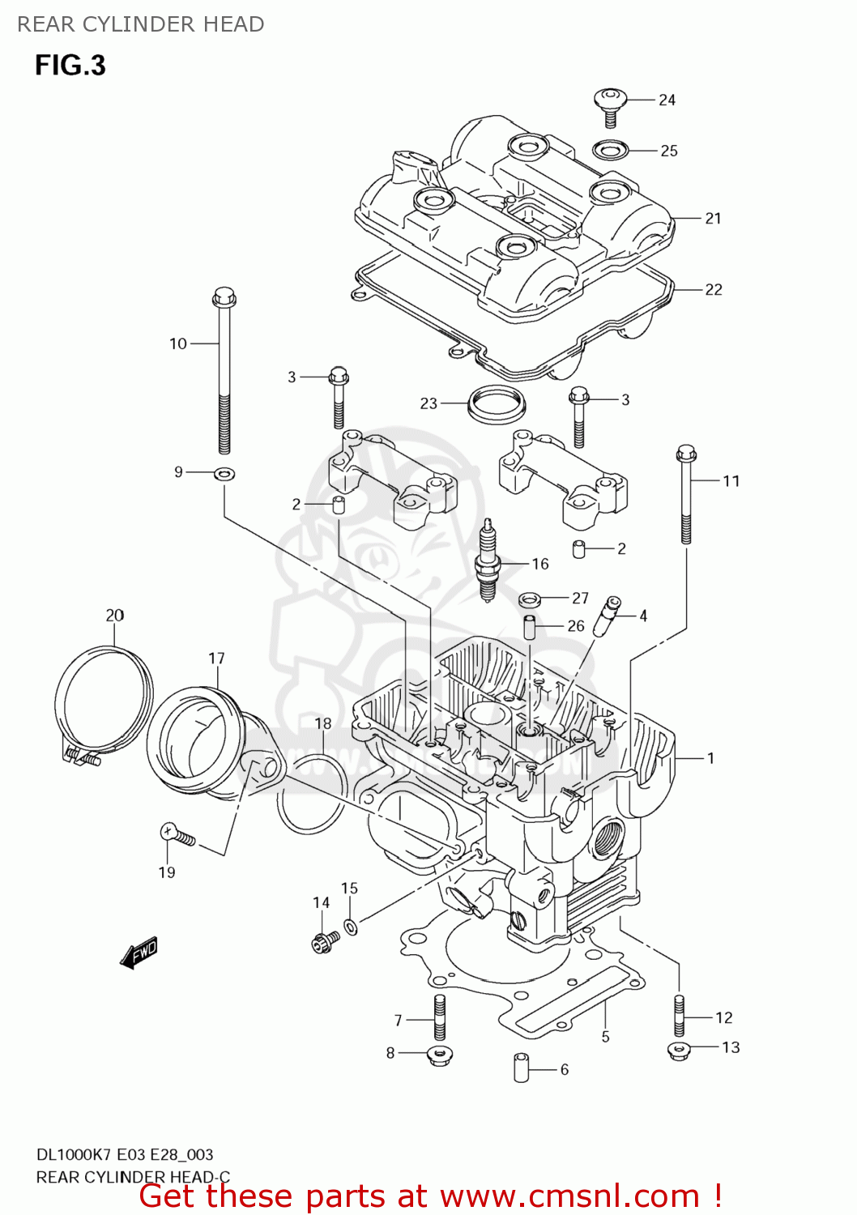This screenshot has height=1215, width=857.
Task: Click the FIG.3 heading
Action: point(70,65)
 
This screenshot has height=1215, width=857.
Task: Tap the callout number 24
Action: point(667,100)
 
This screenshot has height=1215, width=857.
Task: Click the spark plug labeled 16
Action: point(488,561)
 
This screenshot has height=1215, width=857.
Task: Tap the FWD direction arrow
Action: point(139,953)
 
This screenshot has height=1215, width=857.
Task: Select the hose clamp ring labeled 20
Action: point(103,701)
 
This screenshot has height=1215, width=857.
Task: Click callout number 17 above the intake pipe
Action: point(216,659)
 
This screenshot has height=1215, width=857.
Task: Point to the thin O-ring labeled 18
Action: point(313,794)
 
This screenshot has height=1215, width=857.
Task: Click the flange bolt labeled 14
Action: point(325,940)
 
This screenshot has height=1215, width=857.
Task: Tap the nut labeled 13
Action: point(679,1051)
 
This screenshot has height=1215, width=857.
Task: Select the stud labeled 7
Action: point(440,1017)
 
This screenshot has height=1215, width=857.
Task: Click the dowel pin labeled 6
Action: point(521,1067)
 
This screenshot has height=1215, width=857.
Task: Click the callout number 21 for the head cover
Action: point(713,218)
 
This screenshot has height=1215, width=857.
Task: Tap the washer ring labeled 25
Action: point(612,150)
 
